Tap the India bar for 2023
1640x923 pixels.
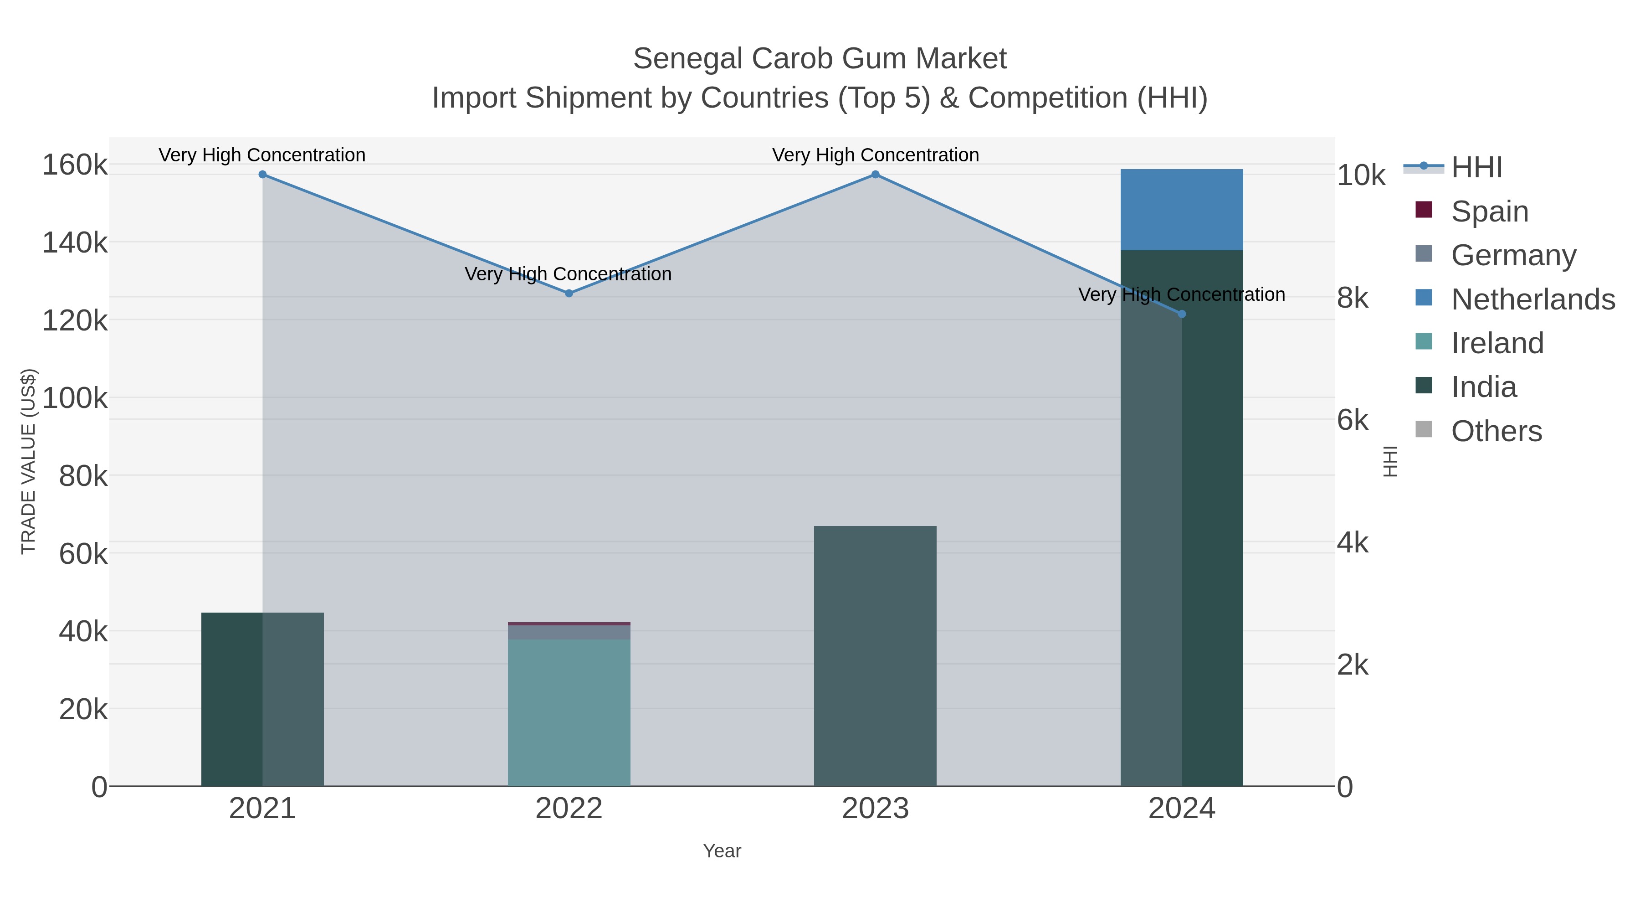pyautogui.click(x=875, y=656)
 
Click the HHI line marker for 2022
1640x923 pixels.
pyautogui.click(x=569, y=294)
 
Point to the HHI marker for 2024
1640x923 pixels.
pyautogui.click(x=1182, y=314)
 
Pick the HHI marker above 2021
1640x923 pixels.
pyautogui.click(x=262, y=175)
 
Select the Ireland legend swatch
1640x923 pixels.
pyautogui.click(x=1424, y=342)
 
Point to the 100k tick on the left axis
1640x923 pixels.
pyautogui.click(x=75, y=398)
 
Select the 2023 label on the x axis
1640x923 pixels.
pyautogui.click(x=875, y=809)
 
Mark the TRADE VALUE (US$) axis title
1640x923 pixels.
pyautogui.click(x=29, y=461)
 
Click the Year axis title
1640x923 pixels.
pyautogui.click(x=722, y=851)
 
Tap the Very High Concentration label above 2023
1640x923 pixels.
pyautogui.click(x=875, y=155)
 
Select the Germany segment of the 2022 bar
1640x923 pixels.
pyautogui.click(x=569, y=632)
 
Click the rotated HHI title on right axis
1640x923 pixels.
pyautogui.click(x=1390, y=461)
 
